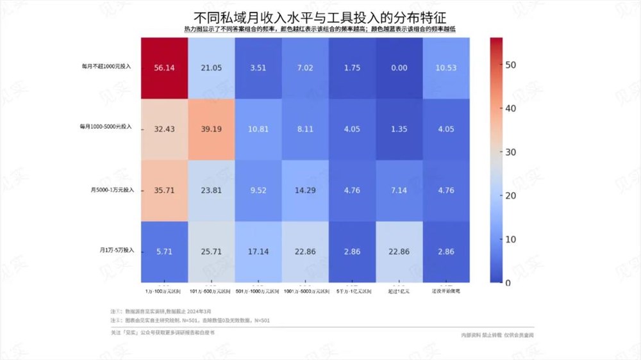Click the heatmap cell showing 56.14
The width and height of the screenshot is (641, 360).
coord(165,67)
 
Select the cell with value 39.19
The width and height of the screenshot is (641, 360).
coord(212,128)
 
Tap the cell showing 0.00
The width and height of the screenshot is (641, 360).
coord(399,67)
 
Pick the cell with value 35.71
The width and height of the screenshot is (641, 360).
coord(165,190)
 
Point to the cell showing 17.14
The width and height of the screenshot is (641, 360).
coord(258,252)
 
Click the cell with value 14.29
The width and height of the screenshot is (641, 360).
coord(305,190)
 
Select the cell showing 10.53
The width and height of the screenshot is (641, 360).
coord(446,67)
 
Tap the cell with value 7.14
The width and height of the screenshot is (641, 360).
coord(399,190)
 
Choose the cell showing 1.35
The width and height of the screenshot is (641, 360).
coord(399,128)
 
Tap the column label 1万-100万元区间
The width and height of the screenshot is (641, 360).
coord(165,291)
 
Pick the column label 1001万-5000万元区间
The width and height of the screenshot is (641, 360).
coord(305,291)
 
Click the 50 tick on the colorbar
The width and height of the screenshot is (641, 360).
coord(512,65)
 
